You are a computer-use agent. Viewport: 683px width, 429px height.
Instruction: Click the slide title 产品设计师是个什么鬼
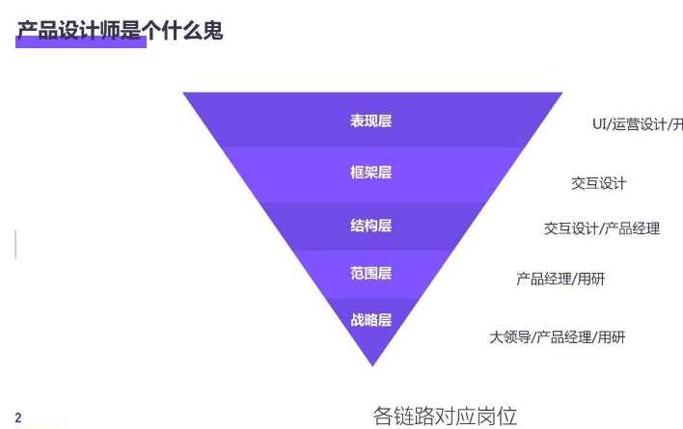pyautogui.click(x=120, y=31)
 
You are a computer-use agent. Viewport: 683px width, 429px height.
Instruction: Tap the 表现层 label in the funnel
pyautogui.click(x=371, y=121)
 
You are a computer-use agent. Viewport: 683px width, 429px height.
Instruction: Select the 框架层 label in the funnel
pyautogui.click(x=371, y=173)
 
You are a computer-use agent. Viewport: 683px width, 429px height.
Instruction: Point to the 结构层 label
pyautogui.click(x=371, y=226)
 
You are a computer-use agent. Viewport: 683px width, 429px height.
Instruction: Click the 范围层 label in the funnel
pyautogui.click(x=371, y=274)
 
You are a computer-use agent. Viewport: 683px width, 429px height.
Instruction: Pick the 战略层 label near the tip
pyautogui.click(x=371, y=320)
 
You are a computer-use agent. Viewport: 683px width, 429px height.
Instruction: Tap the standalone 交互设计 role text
pyautogui.click(x=599, y=183)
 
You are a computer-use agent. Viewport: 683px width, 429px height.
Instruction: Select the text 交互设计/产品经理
pyautogui.click(x=602, y=228)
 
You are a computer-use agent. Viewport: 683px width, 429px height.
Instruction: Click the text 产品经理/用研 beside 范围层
pyautogui.click(x=560, y=280)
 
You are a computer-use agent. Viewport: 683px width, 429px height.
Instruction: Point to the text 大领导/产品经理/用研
pyautogui.click(x=558, y=337)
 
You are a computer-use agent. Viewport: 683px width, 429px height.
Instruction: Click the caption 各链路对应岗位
pyautogui.click(x=446, y=416)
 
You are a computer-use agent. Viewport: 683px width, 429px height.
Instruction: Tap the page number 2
pyautogui.click(x=18, y=417)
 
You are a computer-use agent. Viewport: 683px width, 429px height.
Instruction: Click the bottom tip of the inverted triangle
pyautogui.click(x=372, y=364)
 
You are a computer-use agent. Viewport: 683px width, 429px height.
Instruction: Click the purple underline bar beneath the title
pyautogui.click(x=82, y=43)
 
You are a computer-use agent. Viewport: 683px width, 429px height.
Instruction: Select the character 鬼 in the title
pyautogui.click(x=212, y=31)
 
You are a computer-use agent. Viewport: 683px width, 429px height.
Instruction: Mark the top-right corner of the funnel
pyautogui.click(x=560, y=94)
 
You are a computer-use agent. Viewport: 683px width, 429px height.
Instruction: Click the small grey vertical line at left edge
pyautogui.click(x=15, y=244)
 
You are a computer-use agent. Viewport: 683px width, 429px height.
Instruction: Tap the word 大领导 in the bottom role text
pyautogui.click(x=510, y=337)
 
